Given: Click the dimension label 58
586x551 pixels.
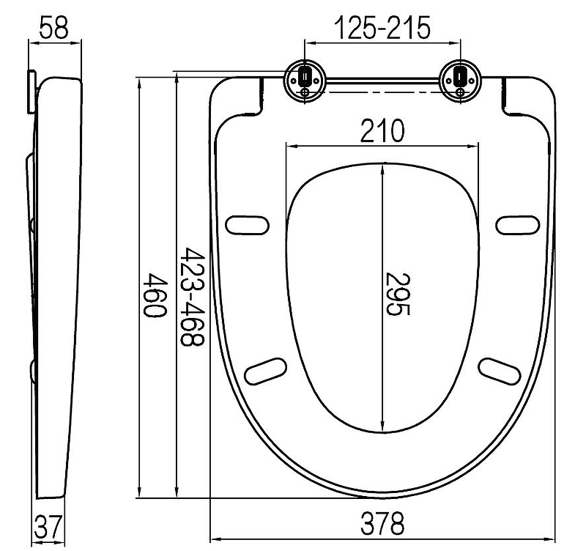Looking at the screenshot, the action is tap(53, 28).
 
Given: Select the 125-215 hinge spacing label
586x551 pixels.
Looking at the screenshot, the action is tap(382, 28).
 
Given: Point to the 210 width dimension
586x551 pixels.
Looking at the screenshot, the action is tap(382, 130).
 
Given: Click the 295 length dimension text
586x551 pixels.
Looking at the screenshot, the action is tap(398, 294).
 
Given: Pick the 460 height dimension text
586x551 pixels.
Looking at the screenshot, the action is tap(155, 295).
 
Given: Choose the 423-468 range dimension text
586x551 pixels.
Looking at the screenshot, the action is tap(193, 297).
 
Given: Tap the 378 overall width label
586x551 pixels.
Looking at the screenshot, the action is tap(382, 523).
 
